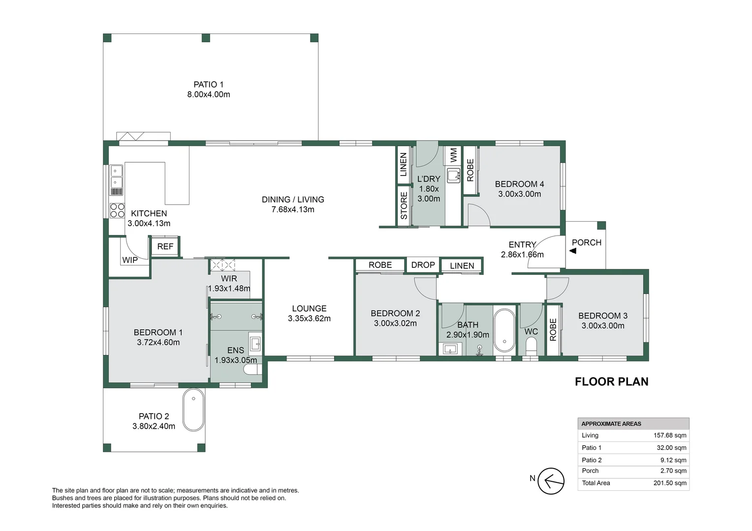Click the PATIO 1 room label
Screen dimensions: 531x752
coord(208,85)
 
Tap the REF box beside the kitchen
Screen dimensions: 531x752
coord(165,246)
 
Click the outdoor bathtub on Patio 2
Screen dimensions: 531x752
coord(193,410)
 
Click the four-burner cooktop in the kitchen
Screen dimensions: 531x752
coord(117,210)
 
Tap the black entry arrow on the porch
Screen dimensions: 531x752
coord(573,251)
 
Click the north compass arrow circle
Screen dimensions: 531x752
coord(551,481)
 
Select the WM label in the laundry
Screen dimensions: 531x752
coord(454,155)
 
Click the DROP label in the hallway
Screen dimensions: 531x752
coord(423,265)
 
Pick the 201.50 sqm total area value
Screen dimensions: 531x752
coord(669,483)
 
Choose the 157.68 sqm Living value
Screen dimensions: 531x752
coord(669,436)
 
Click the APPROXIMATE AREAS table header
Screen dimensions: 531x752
coord(611,424)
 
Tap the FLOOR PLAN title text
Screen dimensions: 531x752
coord(611,382)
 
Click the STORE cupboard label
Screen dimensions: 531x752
coord(404,206)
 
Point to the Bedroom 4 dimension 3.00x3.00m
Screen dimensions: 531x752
coord(519,194)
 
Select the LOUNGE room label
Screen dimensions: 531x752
coord(309,309)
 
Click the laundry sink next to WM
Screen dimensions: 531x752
coord(453,176)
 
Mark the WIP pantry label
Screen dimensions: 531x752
coord(130,260)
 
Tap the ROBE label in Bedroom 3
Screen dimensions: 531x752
coord(553,330)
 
